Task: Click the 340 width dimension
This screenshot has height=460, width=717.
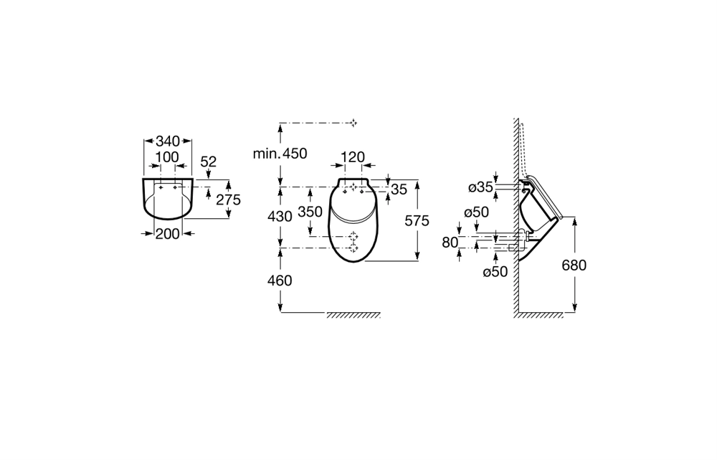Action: coord(168,141)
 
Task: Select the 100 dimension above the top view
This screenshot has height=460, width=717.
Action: coord(167,157)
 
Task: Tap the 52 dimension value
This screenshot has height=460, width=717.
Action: coord(209,161)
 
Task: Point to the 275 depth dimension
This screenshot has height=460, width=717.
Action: coord(228,200)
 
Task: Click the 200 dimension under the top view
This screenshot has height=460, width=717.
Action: coord(167,234)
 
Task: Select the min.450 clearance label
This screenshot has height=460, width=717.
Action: coord(280,154)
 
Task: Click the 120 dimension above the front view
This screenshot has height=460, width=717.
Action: coord(353,157)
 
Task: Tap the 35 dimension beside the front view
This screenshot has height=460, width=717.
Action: coord(399,189)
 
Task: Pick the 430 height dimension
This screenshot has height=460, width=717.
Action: coord(280,216)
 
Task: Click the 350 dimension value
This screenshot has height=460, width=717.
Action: coord(310,212)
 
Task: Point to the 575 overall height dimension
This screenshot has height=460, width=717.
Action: coord(417,221)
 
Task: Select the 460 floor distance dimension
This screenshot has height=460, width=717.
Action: coord(280,280)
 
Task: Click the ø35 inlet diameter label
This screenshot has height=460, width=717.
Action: coord(480,187)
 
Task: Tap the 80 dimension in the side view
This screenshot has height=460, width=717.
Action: coord(450,242)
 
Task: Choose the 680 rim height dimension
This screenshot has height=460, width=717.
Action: coord(574,265)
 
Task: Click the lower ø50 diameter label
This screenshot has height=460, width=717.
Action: coord(495,272)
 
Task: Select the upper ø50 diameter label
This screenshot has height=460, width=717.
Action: coord(477,212)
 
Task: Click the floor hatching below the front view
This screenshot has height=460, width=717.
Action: coord(353,315)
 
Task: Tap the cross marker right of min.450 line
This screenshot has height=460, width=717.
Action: coord(353,123)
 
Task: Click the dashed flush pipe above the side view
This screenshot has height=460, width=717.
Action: coord(525,149)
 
